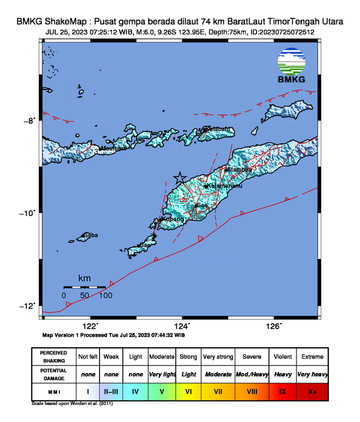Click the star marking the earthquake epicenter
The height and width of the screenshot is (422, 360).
[180, 178]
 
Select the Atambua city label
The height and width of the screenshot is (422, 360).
[239, 170]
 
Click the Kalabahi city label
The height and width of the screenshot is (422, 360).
[217, 129]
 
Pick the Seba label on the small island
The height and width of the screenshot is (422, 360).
[91, 235]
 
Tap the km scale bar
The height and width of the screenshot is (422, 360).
[85, 287]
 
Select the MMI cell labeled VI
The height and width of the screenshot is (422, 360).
[189, 391]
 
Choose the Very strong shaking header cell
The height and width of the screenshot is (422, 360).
[217, 357]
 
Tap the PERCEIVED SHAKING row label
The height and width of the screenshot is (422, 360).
[54, 357]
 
